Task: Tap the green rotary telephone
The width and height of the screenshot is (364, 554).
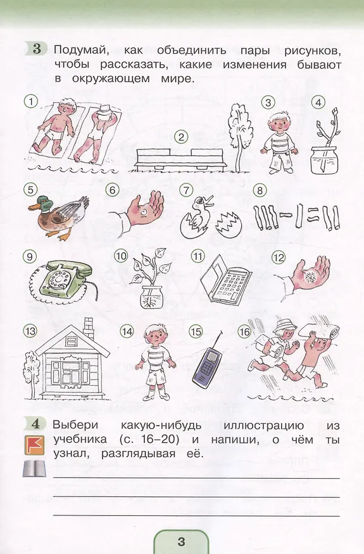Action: (x=64, y=279)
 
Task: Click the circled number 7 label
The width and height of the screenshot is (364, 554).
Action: (x=185, y=190)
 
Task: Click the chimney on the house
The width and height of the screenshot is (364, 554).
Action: (x=88, y=329)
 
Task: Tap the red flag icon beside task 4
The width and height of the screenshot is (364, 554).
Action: (x=34, y=445)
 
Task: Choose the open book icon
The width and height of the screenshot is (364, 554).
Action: (x=34, y=469)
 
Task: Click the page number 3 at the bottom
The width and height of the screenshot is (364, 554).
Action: (x=181, y=541)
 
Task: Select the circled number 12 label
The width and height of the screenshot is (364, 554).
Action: (x=278, y=257)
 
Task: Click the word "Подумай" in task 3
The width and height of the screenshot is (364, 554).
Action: (x=80, y=50)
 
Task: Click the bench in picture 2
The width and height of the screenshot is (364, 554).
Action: (x=180, y=158)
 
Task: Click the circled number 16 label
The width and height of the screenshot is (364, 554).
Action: (x=244, y=331)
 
